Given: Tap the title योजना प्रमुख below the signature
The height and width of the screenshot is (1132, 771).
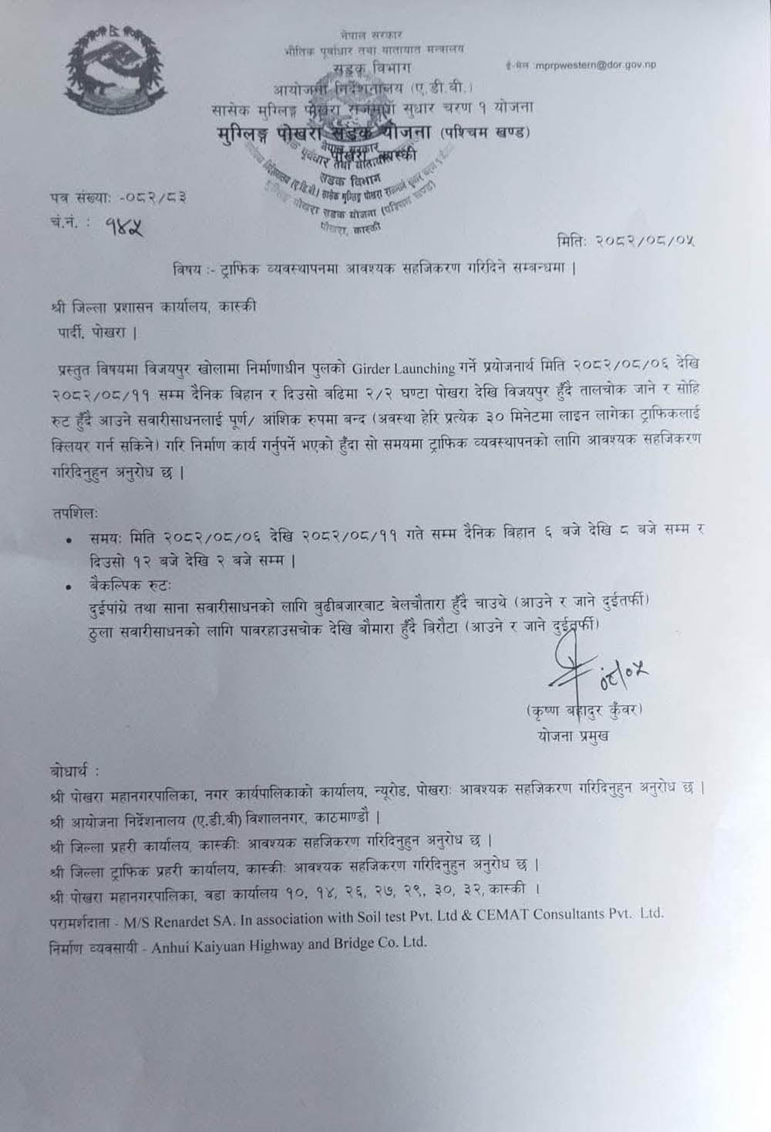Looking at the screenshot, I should click(x=574, y=735).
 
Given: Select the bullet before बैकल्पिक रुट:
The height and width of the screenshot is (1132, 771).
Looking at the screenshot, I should click(x=71, y=587).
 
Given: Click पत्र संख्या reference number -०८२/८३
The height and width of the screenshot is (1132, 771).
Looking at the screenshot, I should click(x=153, y=198).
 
